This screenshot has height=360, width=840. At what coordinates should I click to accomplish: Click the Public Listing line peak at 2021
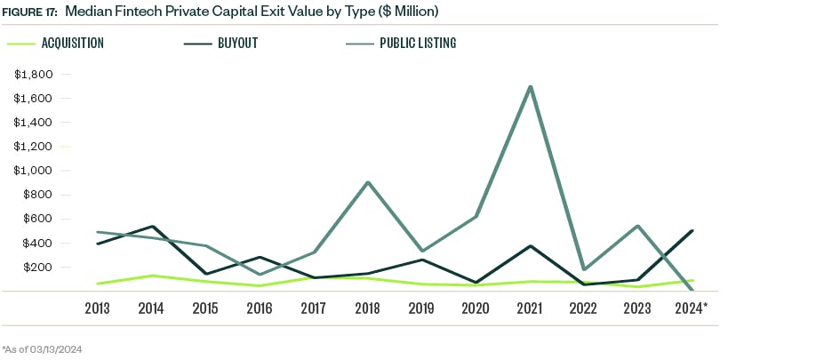point(531,87)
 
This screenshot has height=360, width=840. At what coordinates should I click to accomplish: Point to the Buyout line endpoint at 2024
point(692,231)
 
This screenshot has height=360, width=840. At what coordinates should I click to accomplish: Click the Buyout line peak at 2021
point(531,246)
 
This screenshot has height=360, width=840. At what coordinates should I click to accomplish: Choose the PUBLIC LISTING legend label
point(417,43)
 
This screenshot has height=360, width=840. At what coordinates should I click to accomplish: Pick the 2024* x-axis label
point(692,308)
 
